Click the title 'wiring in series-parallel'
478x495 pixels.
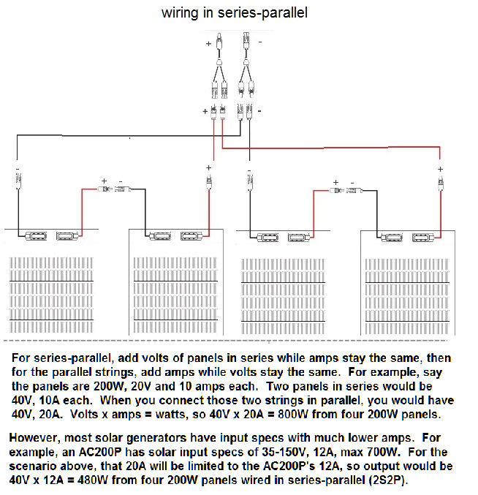pos(235,13)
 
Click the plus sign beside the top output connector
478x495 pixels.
pos(208,44)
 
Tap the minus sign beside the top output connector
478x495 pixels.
pos(260,42)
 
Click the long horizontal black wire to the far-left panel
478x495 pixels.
pos(129,136)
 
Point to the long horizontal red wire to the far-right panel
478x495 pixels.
pos(331,148)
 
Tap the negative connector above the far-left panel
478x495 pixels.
pos(18,181)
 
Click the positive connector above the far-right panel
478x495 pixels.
pos(441,183)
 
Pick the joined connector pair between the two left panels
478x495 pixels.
pos(115,189)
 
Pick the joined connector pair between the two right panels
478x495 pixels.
pos(346,191)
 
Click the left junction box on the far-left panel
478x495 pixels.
pos(36,236)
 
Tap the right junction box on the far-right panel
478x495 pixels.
pos(423,237)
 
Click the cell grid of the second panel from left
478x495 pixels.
pos(175,295)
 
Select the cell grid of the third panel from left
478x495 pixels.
pos(283,296)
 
